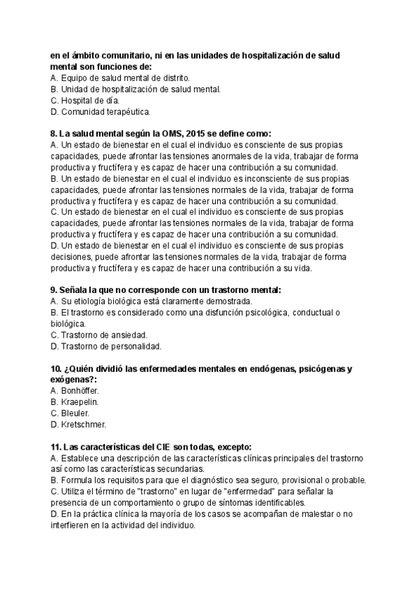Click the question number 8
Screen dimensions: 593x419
[54, 134]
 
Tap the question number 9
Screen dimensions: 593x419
[54, 290]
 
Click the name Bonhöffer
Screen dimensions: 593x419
[81, 391]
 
